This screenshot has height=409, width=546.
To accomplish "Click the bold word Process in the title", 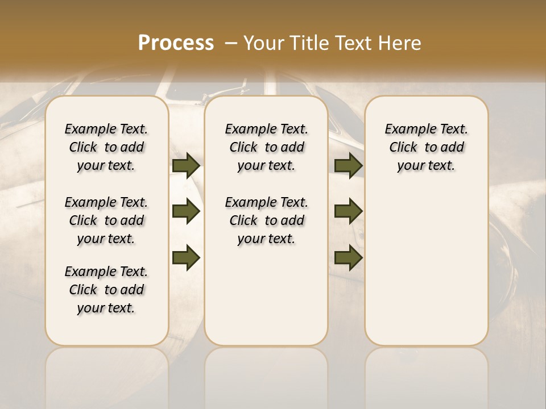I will [176, 43].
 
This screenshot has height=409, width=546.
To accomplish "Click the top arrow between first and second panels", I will [186, 165].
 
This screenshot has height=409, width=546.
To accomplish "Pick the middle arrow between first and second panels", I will [186, 211].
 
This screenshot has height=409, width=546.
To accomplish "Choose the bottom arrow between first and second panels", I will [186, 257].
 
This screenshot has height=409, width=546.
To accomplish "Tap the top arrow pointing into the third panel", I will [348, 165].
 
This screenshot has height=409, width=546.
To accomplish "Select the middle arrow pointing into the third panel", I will [348, 211].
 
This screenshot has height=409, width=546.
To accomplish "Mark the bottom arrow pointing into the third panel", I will [348, 257].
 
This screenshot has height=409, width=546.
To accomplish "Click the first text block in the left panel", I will [106, 147].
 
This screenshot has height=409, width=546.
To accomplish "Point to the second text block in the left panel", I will [106, 220].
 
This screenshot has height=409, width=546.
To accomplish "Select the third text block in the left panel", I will [106, 290].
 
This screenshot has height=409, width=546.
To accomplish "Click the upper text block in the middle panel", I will [267, 147].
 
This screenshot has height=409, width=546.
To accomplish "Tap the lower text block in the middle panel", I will [267, 220].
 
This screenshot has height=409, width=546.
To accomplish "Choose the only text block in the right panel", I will [427, 147].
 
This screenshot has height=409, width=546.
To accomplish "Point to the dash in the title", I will [231, 43].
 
